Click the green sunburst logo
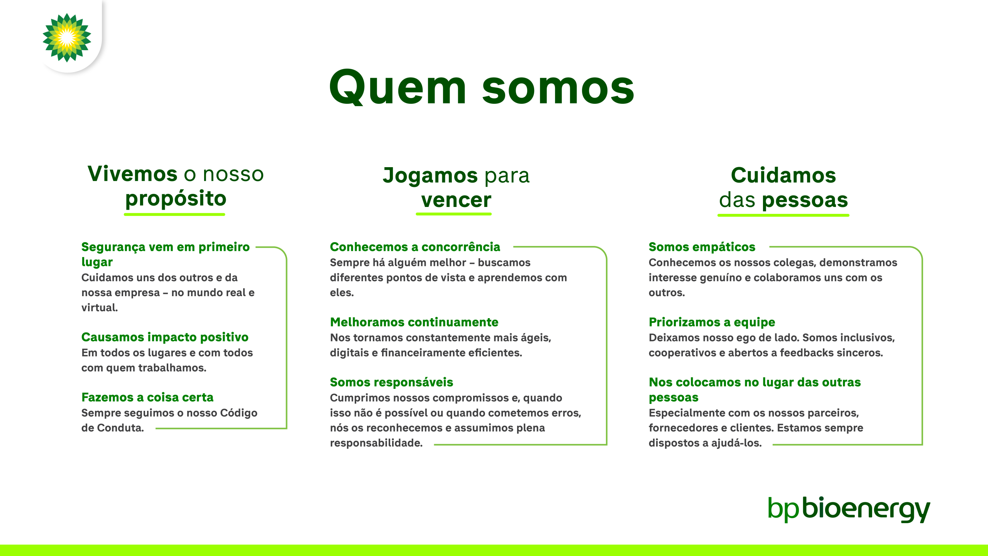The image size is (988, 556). click(x=67, y=37)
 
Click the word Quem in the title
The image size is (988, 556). click(x=398, y=88)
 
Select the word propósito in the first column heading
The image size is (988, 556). click(x=176, y=199)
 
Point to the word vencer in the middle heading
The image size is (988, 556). click(x=456, y=200)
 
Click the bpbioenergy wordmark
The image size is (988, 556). click(x=849, y=509)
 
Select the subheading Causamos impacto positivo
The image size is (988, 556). click(x=165, y=337)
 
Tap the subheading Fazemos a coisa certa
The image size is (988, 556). click(x=147, y=397)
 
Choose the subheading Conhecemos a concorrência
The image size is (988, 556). click(x=415, y=247)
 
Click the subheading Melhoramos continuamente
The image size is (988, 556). click(x=414, y=322)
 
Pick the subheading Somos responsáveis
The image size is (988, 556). click(x=391, y=382)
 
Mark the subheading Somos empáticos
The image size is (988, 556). click(x=702, y=247)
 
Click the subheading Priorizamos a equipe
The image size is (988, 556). click(x=712, y=322)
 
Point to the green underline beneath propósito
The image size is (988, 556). click(x=174, y=214)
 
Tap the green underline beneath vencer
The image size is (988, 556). click(x=454, y=214)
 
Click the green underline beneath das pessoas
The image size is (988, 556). click(x=783, y=215)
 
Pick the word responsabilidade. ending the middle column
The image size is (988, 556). click(x=376, y=443)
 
